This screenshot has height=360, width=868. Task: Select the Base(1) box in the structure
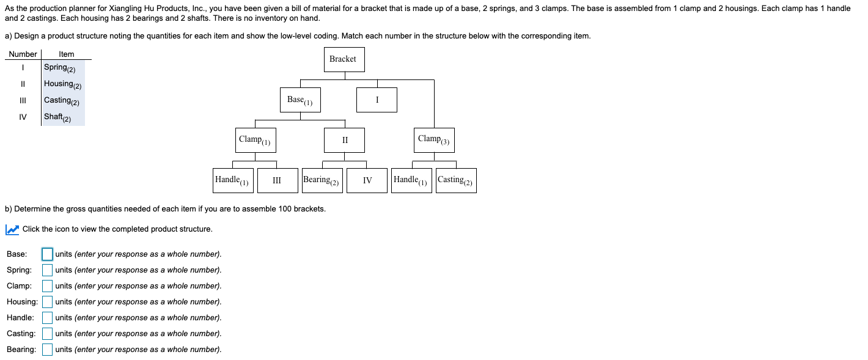click(x=300, y=100)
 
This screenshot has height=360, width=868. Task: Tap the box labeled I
click(x=377, y=100)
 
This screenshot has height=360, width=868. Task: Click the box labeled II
click(x=344, y=140)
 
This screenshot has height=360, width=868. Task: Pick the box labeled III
click(x=278, y=180)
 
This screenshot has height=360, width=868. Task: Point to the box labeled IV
click(x=367, y=180)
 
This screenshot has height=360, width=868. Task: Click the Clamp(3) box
click(x=434, y=140)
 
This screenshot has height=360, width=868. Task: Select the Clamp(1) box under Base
click(x=256, y=140)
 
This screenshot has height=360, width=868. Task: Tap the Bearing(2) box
click(x=322, y=180)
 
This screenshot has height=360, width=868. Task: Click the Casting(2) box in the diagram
click(x=456, y=180)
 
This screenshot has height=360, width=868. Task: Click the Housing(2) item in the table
click(x=62, y=84)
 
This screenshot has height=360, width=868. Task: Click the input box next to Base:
click(x=47, y=254)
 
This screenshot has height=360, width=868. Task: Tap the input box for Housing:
click(x=47, y=301)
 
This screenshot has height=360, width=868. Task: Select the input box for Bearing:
click(x=47, y=349)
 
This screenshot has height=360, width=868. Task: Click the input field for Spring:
click(x=47, y=270)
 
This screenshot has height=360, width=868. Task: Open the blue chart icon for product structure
click(x=12, y=229)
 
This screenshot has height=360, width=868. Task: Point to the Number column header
click(x=23, y=54)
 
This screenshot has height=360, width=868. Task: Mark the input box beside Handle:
click(x=47, y=317)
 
